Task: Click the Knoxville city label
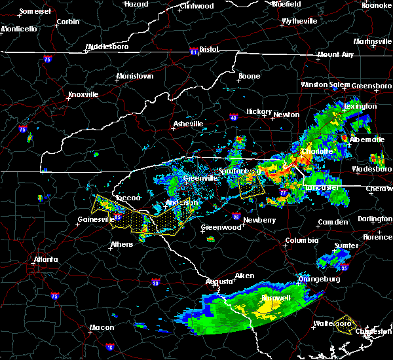point(83,94)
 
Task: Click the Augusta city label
point(219,281)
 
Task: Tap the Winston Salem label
point(325,85)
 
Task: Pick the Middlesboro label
point(109,47)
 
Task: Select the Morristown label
point(134,77)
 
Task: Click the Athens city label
point(122,245)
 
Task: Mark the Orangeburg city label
point(320,279)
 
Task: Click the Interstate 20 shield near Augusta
point(156,283)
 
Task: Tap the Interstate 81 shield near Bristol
point(193,50)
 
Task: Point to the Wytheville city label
point(300,22)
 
